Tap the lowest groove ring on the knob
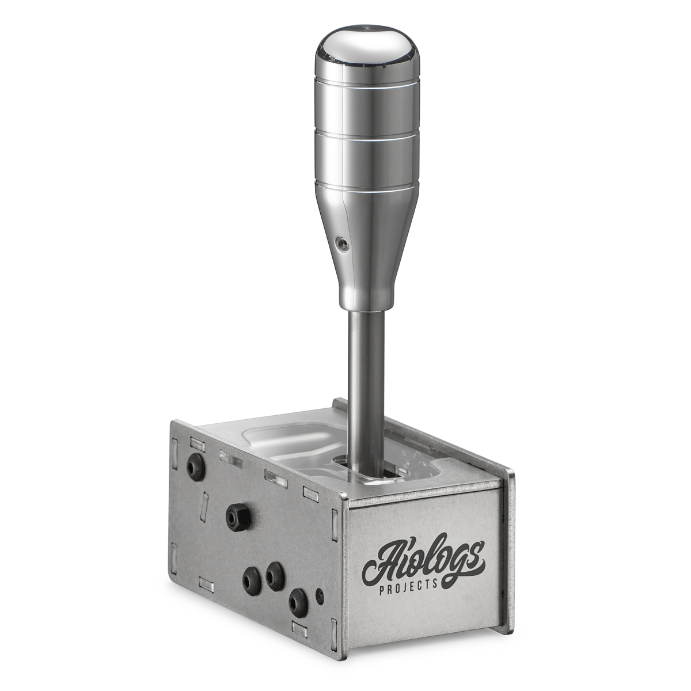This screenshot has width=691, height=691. pos(367,188)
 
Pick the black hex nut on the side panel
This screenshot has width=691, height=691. pos(238,517)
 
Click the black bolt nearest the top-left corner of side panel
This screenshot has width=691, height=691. pos(196,468)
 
